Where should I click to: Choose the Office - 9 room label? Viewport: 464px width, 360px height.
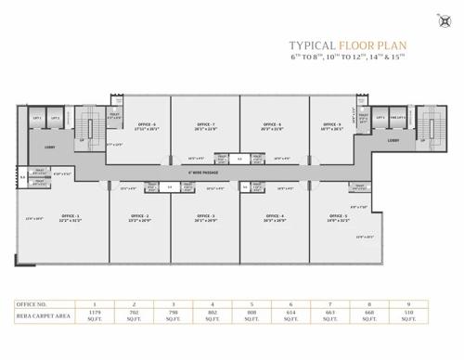[x=332, y=124]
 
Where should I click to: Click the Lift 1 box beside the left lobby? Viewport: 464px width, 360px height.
[x=38, y=119]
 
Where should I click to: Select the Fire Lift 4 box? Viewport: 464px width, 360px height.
[x=393, y=119]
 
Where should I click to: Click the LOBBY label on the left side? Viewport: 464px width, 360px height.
[x=50, y=146]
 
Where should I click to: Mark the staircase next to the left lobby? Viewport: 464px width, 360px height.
[x=88, y=125]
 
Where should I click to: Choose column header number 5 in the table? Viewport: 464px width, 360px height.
[x=251, y=304]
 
